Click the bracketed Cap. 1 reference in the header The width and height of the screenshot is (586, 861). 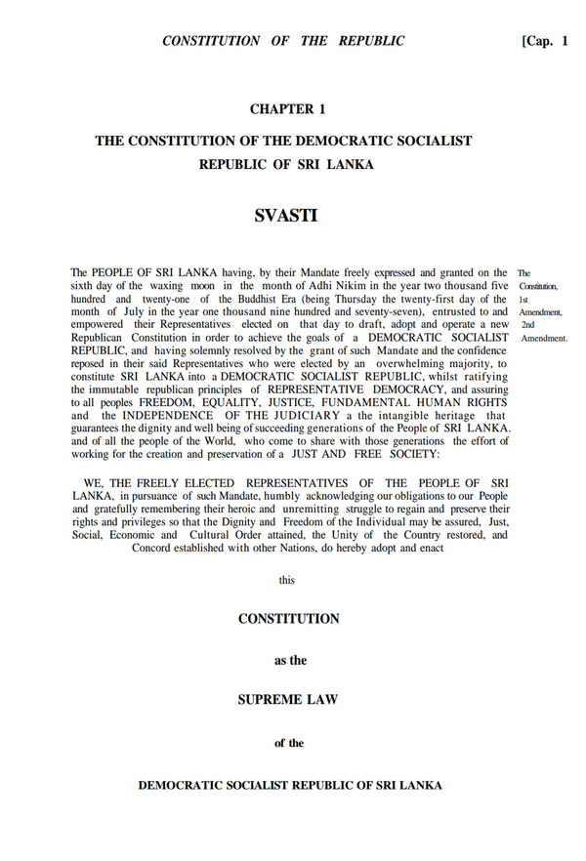pyautogui.click(x=545, y=41)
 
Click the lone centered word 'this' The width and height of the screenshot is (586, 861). pyautogui.click(x=286, y=580)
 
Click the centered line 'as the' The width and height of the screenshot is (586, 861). pyautogui.click(x=289, y=660)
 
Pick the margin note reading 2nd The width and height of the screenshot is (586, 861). pyautogui.click(x=527, y=324)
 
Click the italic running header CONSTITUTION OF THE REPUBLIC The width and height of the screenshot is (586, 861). pyautogui.click(x=283, y=41)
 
